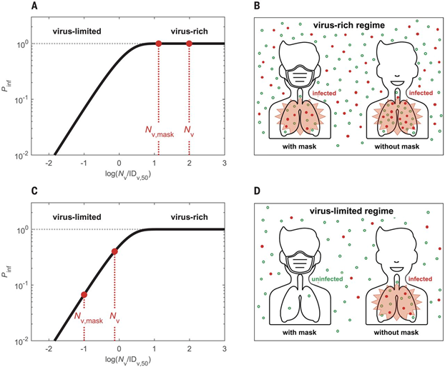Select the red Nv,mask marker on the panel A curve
coord(158,44)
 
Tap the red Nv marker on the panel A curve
coord(190,44)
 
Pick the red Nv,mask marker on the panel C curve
coord(84,294)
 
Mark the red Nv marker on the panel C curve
coord(115,251)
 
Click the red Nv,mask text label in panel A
coord(158,131)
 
